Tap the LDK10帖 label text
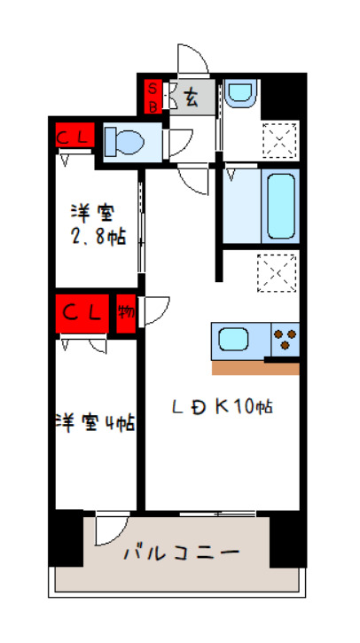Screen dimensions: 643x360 (x=222, y=407)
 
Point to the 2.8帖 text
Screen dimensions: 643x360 (x=98, y=237)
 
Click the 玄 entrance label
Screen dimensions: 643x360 (x=192, y=97)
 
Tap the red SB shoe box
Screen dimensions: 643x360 (x=153, y=97)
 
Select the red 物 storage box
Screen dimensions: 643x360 (x=127, y=315)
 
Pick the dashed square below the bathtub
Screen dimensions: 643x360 (x=275, y=271)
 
